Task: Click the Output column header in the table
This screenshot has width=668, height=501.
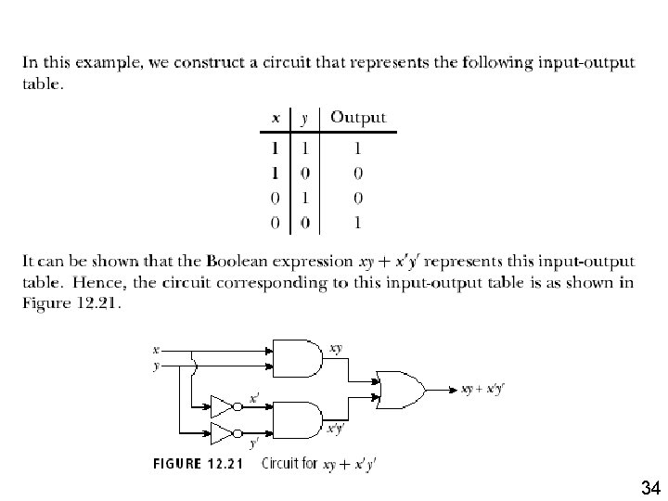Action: tap(358, 118)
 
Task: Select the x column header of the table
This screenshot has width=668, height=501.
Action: tap(276, 118)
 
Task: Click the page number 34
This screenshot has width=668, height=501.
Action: tap(649, 487)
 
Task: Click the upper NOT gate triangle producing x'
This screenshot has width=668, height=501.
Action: tap(223, 406)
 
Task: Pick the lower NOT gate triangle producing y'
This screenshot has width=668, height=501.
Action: tap(223, 432)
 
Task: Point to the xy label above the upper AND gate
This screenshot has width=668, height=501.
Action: tap(336, 348)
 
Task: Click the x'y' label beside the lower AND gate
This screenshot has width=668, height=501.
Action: tap(336, 428)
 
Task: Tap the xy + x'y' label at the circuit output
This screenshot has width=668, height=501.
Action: tap(482, 389)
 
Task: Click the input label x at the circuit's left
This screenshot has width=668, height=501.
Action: tap(156, 350)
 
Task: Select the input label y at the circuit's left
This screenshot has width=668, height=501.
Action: tap(156, 366)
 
